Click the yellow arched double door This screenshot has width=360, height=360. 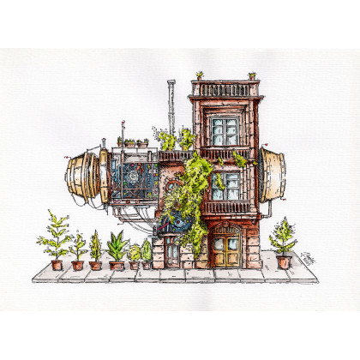pos(226,248)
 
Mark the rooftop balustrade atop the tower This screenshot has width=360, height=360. pos(225,89)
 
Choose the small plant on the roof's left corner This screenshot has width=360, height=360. pos(200,75)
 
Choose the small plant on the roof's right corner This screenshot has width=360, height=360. pos(252,75)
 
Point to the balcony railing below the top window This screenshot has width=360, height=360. pos(225,154)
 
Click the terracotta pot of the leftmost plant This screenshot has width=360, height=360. pos(57,265)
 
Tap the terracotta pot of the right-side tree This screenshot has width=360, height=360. pos(284,262)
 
